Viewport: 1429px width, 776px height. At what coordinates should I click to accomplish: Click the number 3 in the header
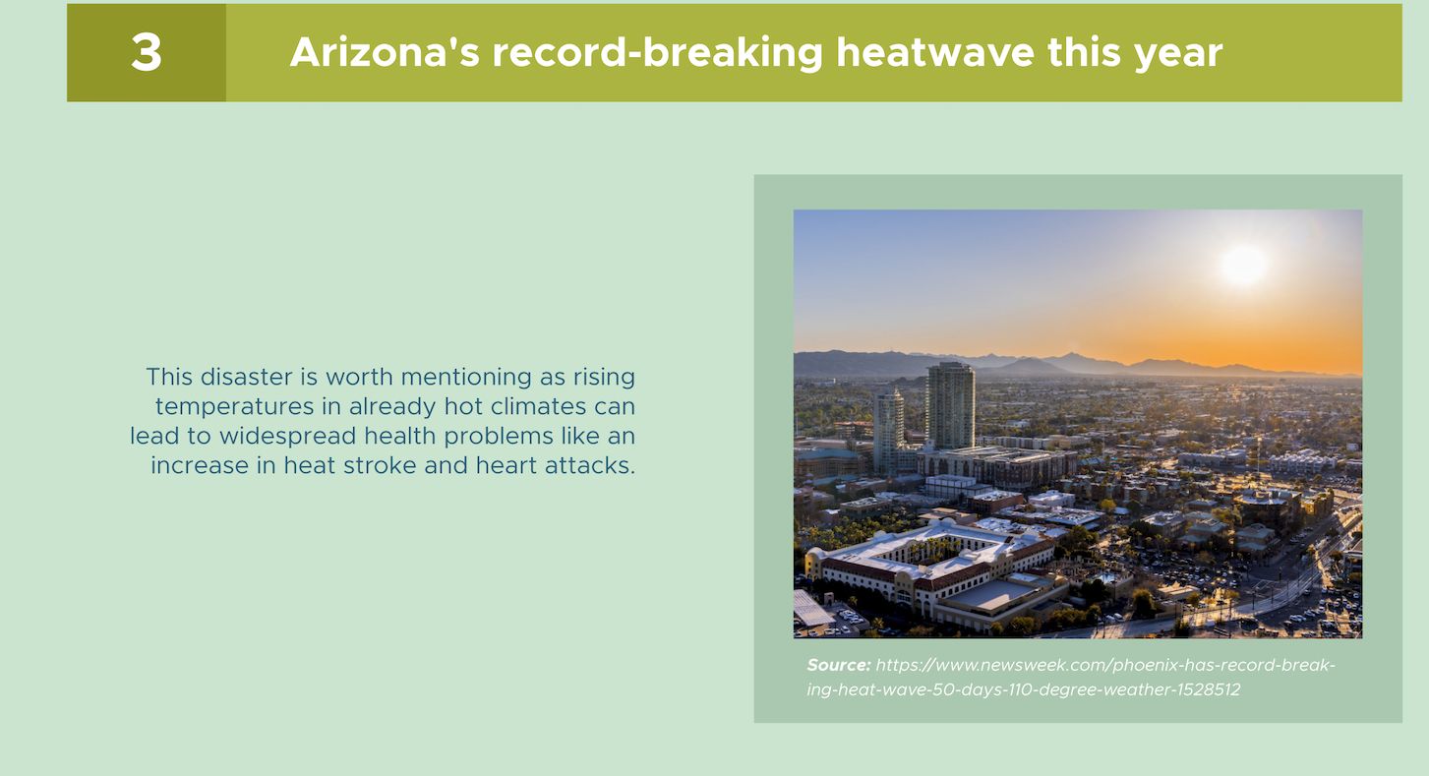point(147,52)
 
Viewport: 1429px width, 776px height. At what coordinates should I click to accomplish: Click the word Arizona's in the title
point(384,52)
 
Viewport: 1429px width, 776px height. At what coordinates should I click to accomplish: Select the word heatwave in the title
point(934,52)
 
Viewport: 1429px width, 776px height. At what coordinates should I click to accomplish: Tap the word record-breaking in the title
point(657,53)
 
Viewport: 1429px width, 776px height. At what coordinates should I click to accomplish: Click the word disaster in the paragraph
point(247,377)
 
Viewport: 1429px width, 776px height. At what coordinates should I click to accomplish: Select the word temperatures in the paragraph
point(235,407)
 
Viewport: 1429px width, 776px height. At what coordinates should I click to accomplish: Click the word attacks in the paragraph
point(590,466)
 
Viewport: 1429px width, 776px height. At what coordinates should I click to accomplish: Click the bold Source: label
point(838,665)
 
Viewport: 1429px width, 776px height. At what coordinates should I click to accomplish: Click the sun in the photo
point(1243,265)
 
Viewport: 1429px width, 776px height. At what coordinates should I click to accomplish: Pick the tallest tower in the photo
point(950,406)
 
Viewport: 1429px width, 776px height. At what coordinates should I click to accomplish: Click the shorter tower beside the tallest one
point(889,432)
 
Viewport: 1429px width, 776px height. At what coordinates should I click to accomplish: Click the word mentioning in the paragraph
point(466,378)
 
